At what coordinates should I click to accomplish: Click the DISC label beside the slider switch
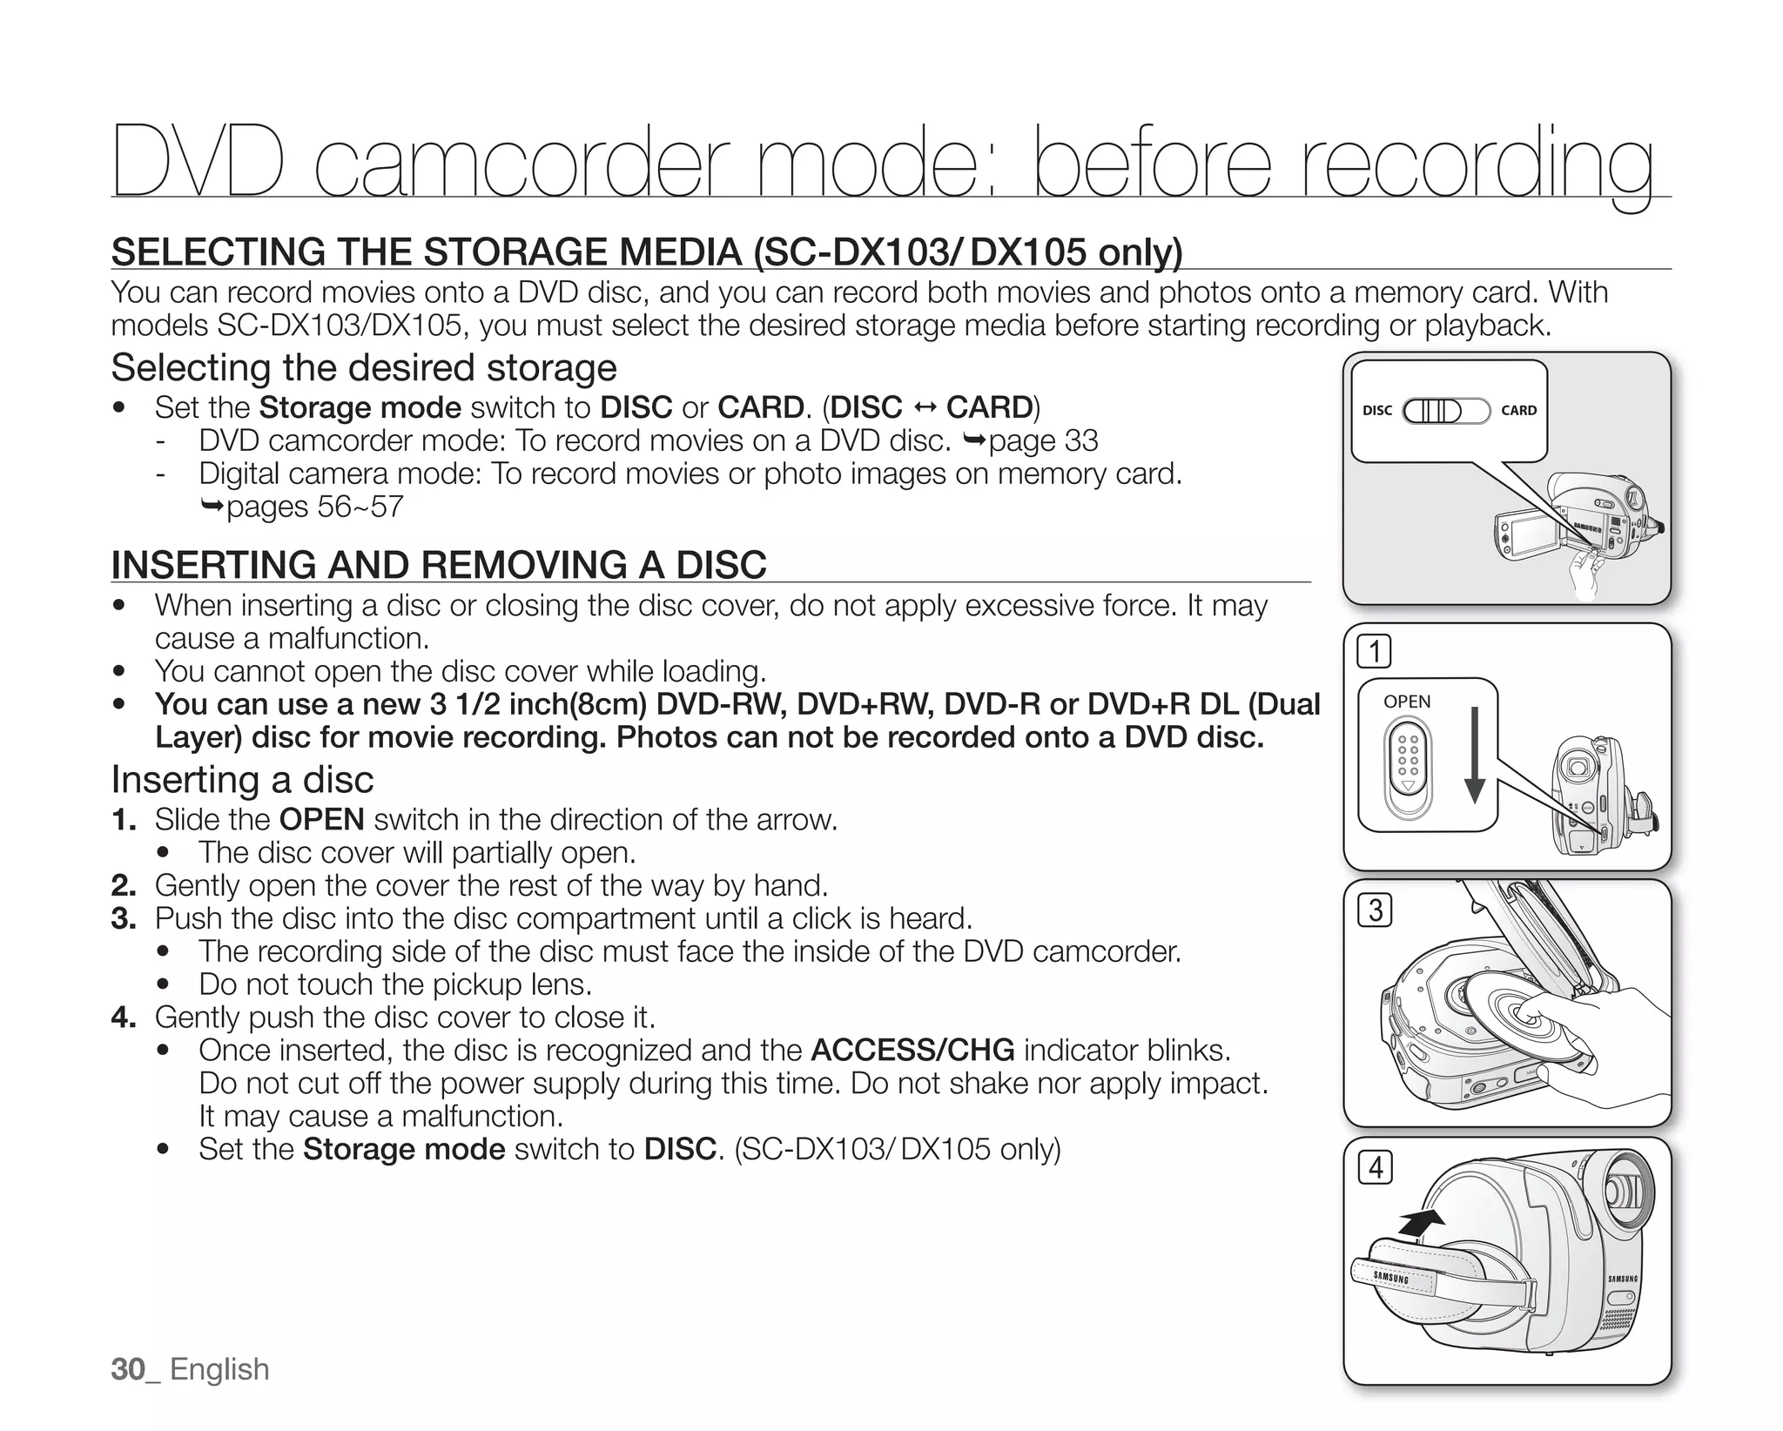pos(1376,410)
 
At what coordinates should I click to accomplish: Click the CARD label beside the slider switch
pos(1518,410)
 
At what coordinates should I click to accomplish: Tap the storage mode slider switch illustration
pos(1446,410)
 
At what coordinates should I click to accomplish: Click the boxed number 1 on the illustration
pos(1375,652)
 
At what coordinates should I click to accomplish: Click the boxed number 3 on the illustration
pos(1375,910)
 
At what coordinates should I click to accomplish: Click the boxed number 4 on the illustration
pos(1375,1167)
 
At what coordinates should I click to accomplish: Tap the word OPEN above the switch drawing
pos(1406,702)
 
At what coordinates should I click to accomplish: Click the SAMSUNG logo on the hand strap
pos(1390,1278)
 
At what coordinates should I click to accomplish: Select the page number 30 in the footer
pos(128,1369)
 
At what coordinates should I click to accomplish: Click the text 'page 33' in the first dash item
pos(1043,441)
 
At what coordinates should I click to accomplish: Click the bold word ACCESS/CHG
pos(912,1051)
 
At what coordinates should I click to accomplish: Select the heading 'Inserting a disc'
pos(242,779)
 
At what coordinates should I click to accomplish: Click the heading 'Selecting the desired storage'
pos(363,367)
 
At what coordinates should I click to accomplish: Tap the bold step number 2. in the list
pos(124,886)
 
